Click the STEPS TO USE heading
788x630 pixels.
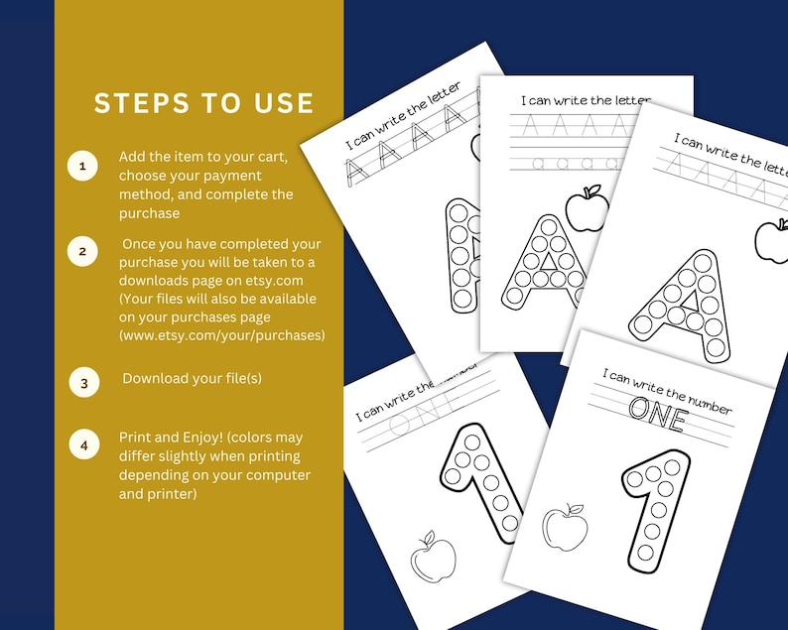click(x=203, y=103)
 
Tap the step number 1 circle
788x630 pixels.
click(x=83, y=167)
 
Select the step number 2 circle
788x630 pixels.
click(x=83, y=252)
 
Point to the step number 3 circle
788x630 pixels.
click(x=83, y=381)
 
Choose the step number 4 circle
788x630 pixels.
click(x=83, y=445)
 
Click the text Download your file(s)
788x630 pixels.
click(x=193, y=379)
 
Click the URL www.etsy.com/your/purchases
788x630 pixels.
click(x=222, y=335)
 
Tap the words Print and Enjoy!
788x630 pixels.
click(x=163, y=438)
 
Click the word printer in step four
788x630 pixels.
click(x=172, y=494)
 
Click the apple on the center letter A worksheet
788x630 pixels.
click(x=584, y=206)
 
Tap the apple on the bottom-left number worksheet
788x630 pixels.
click(x=433, y=560)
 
